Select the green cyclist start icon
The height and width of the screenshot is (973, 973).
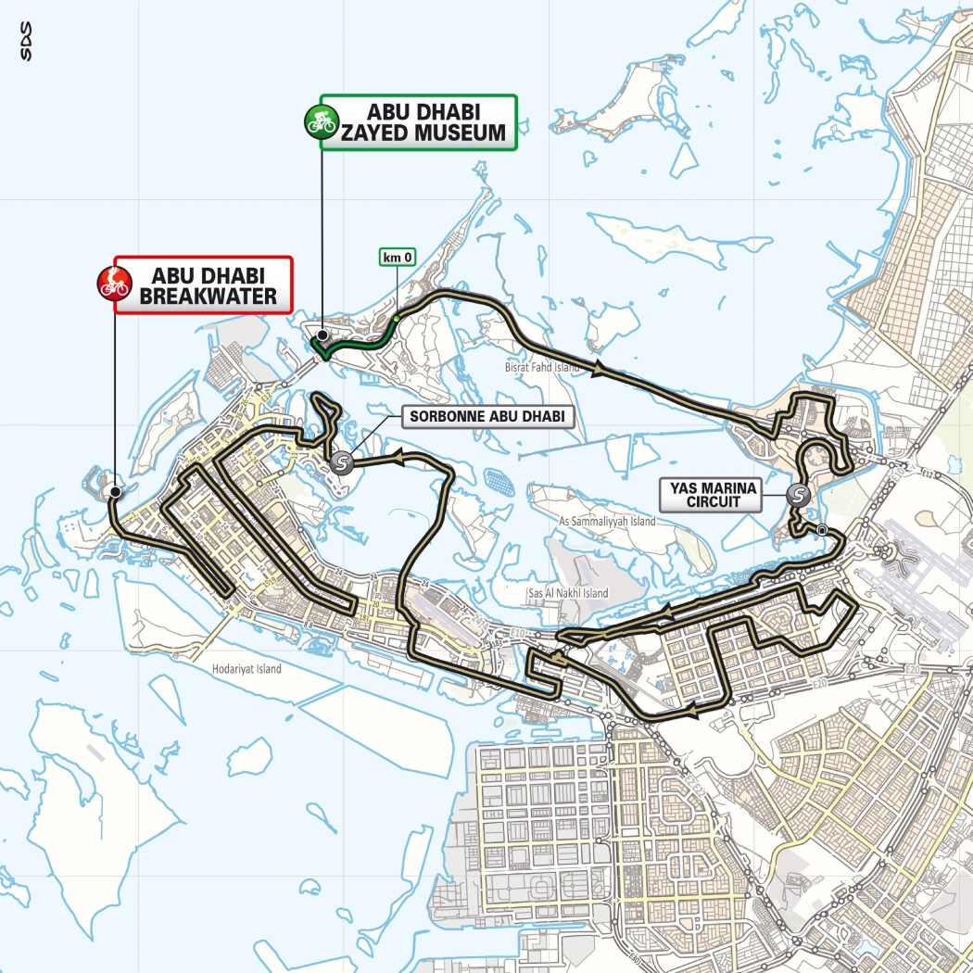tap(320, 120)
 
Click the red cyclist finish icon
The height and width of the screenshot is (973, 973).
tap(114, 284)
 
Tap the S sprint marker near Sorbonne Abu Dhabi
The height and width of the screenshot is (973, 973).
tap(344, 462)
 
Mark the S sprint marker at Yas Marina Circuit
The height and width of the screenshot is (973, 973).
tap(797, 495)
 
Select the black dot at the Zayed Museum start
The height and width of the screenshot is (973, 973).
tap(322, 335)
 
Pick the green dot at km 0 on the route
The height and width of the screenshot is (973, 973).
tap(396, 319)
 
